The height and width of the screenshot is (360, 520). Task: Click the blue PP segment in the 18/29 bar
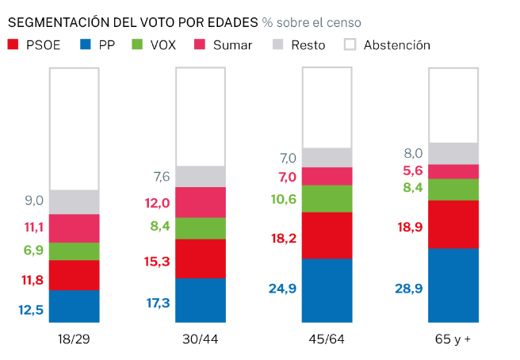[74, 306]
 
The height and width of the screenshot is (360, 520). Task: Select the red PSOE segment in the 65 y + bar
[453, 224]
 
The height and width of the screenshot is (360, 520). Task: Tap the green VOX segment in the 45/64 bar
[327, 198]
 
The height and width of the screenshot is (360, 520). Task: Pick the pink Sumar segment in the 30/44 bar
[201, 202]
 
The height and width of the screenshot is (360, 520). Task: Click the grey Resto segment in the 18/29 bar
[74, 201]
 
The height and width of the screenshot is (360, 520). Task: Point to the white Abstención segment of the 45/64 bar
[327, 108]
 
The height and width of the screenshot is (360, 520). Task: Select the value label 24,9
[282, 289]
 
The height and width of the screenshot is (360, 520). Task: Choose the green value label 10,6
[282, 199]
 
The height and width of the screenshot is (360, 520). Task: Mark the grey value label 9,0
[32, 201]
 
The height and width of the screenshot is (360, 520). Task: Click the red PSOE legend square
[13, 45]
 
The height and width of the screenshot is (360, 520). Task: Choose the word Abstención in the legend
[396, 45]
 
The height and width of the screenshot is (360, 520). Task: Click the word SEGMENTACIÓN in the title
[63, 22]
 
